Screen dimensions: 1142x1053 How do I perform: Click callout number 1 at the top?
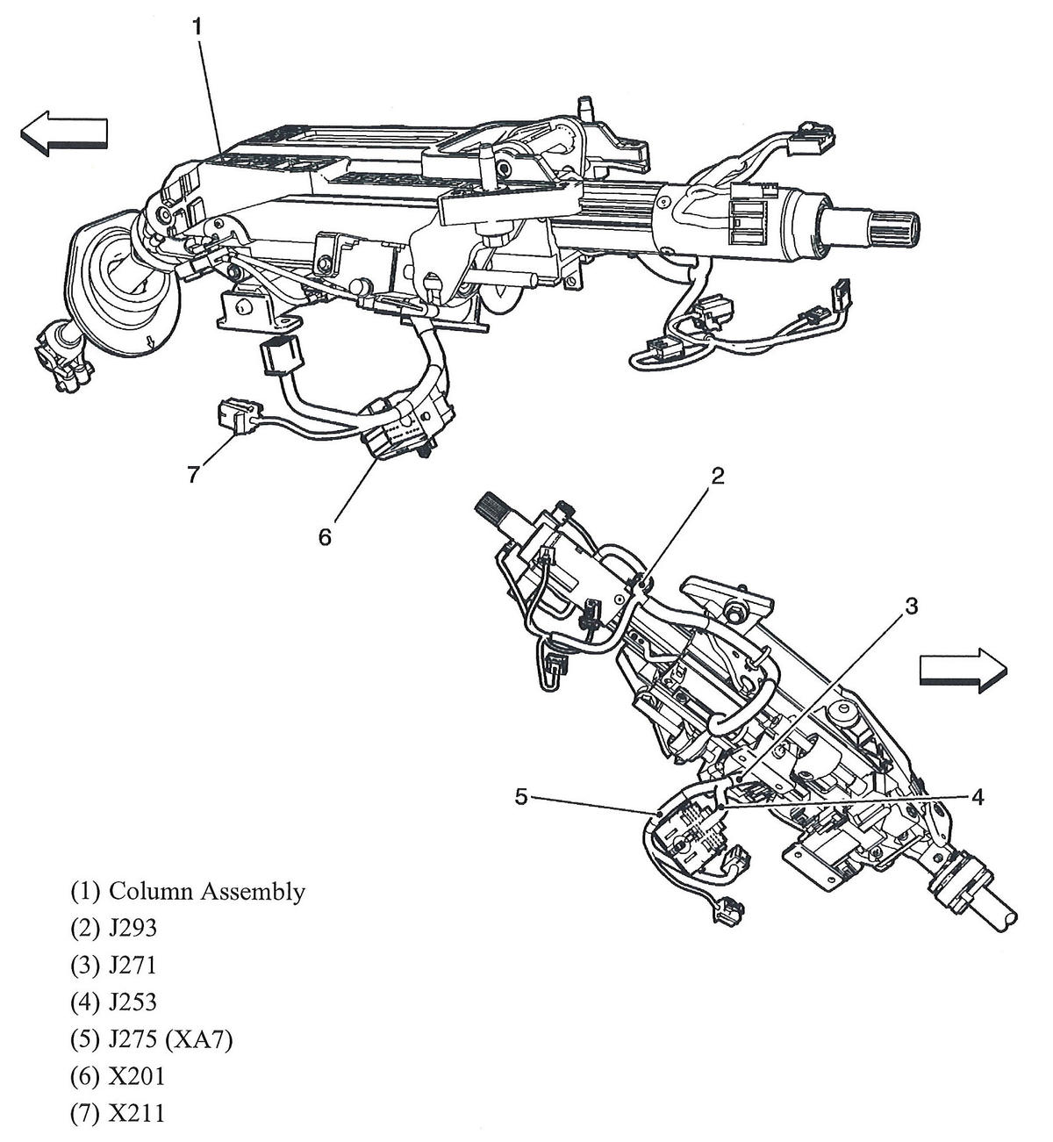click(197, 26)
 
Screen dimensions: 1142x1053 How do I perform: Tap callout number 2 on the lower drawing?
click(717, 476)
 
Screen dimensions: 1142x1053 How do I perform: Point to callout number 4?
click(977, 797)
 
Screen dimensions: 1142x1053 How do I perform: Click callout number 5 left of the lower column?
click(521, 797)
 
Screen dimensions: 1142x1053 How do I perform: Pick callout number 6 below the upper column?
click(325, 536)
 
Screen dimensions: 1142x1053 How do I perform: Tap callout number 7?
click(193, 474)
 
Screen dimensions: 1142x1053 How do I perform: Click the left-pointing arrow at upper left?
click(63, 133)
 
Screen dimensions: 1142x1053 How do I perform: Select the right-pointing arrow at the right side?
click(961, 672)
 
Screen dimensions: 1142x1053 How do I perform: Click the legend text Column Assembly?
click(207, 892)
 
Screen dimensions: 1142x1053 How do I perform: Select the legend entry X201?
click(136, 1077)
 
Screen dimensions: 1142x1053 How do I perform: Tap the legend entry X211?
click(136, 1114)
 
